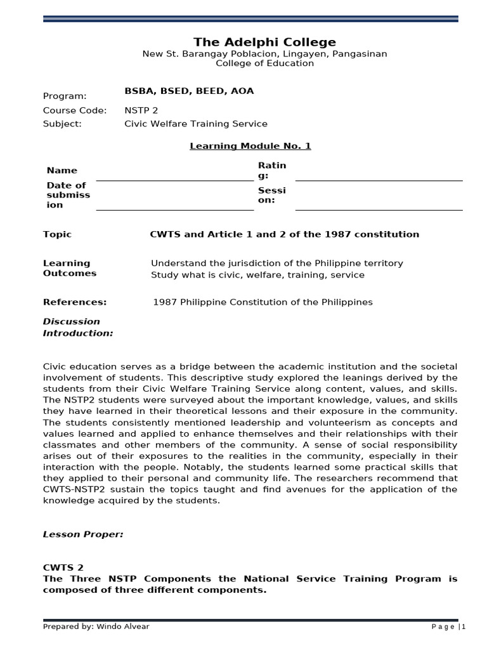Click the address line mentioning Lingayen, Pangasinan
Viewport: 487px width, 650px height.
[x=264, y=54]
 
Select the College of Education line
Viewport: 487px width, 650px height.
[x=264, y=63]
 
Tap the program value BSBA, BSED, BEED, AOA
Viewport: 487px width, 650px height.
[x=189, y=91]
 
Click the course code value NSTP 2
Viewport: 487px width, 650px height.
[x=141, y=110]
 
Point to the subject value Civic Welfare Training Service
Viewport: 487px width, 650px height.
[x=196, y=124]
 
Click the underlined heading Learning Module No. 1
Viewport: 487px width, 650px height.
[x=250, y=146]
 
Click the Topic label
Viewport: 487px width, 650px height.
[x=57, y=234]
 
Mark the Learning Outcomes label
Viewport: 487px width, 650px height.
[x=69, y=269]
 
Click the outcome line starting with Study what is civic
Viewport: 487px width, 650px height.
[x=257, y=275]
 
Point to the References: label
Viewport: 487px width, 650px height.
[x=74, y=302]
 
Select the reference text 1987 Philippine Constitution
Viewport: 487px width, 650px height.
[x=263, y=302]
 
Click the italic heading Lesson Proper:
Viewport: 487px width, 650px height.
[x=83, y=534]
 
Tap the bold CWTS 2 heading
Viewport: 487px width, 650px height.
[x=63, y=567]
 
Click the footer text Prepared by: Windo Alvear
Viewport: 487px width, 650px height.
[x=96, y=627]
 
